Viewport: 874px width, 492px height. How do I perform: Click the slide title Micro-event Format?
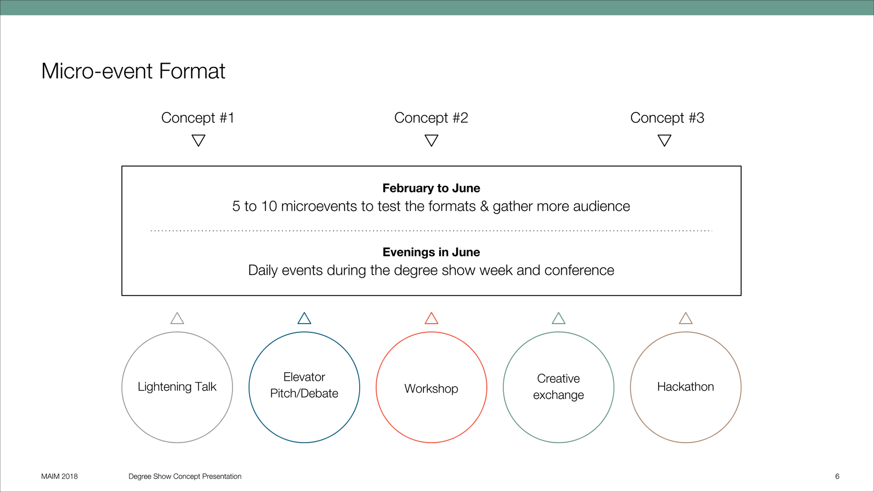pyautogui.click(x=133, y=71)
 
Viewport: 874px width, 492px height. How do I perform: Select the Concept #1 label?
pyautogui.click(x=198, y=118)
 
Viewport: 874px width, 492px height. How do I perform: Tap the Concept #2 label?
pyautogui.click(x=431, y=118)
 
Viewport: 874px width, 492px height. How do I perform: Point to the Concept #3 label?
pyautogui.click(x=667, y=118)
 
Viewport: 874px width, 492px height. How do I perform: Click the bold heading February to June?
pyautogui.click(x=431, y=188)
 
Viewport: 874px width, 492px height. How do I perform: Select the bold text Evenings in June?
pyautogui.click(x=431, y=252)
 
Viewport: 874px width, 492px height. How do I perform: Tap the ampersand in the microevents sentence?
pyautogui.click(x=484, y=206)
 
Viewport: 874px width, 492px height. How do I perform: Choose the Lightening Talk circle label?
pyautogui.click(x=177, y=387)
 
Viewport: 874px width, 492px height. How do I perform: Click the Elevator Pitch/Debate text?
pyautogui.click(x=304, y=385)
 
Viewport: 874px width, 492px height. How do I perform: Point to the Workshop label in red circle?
pyautogui.click(x=431, y=389)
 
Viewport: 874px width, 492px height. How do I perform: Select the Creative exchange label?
pyautogui.click(x=559, y=387)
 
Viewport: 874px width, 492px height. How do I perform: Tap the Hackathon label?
pyautogui.click(x=686, y=387)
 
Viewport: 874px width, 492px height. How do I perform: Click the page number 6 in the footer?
pyautogui.click(x=837, y=477)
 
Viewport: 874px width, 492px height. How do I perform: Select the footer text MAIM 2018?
pyautogui.click(x=59, y=477)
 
